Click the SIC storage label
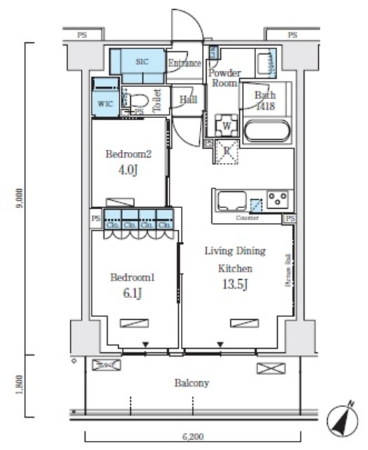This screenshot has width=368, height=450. click(142, 62)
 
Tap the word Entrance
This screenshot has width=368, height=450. click(184, 63)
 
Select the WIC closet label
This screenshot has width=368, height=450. click(105, 103)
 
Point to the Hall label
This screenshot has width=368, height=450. click(188, 100)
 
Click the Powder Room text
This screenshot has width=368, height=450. click(225, 77)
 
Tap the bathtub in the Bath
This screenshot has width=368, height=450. click(265, 131)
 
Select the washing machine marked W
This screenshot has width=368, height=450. click(227, 125)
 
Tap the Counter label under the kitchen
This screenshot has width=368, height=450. click(247, 218)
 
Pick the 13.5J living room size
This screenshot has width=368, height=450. click(235, 284)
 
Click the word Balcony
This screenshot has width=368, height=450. click(192, 383)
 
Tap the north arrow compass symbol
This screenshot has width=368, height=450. click(341, 419)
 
